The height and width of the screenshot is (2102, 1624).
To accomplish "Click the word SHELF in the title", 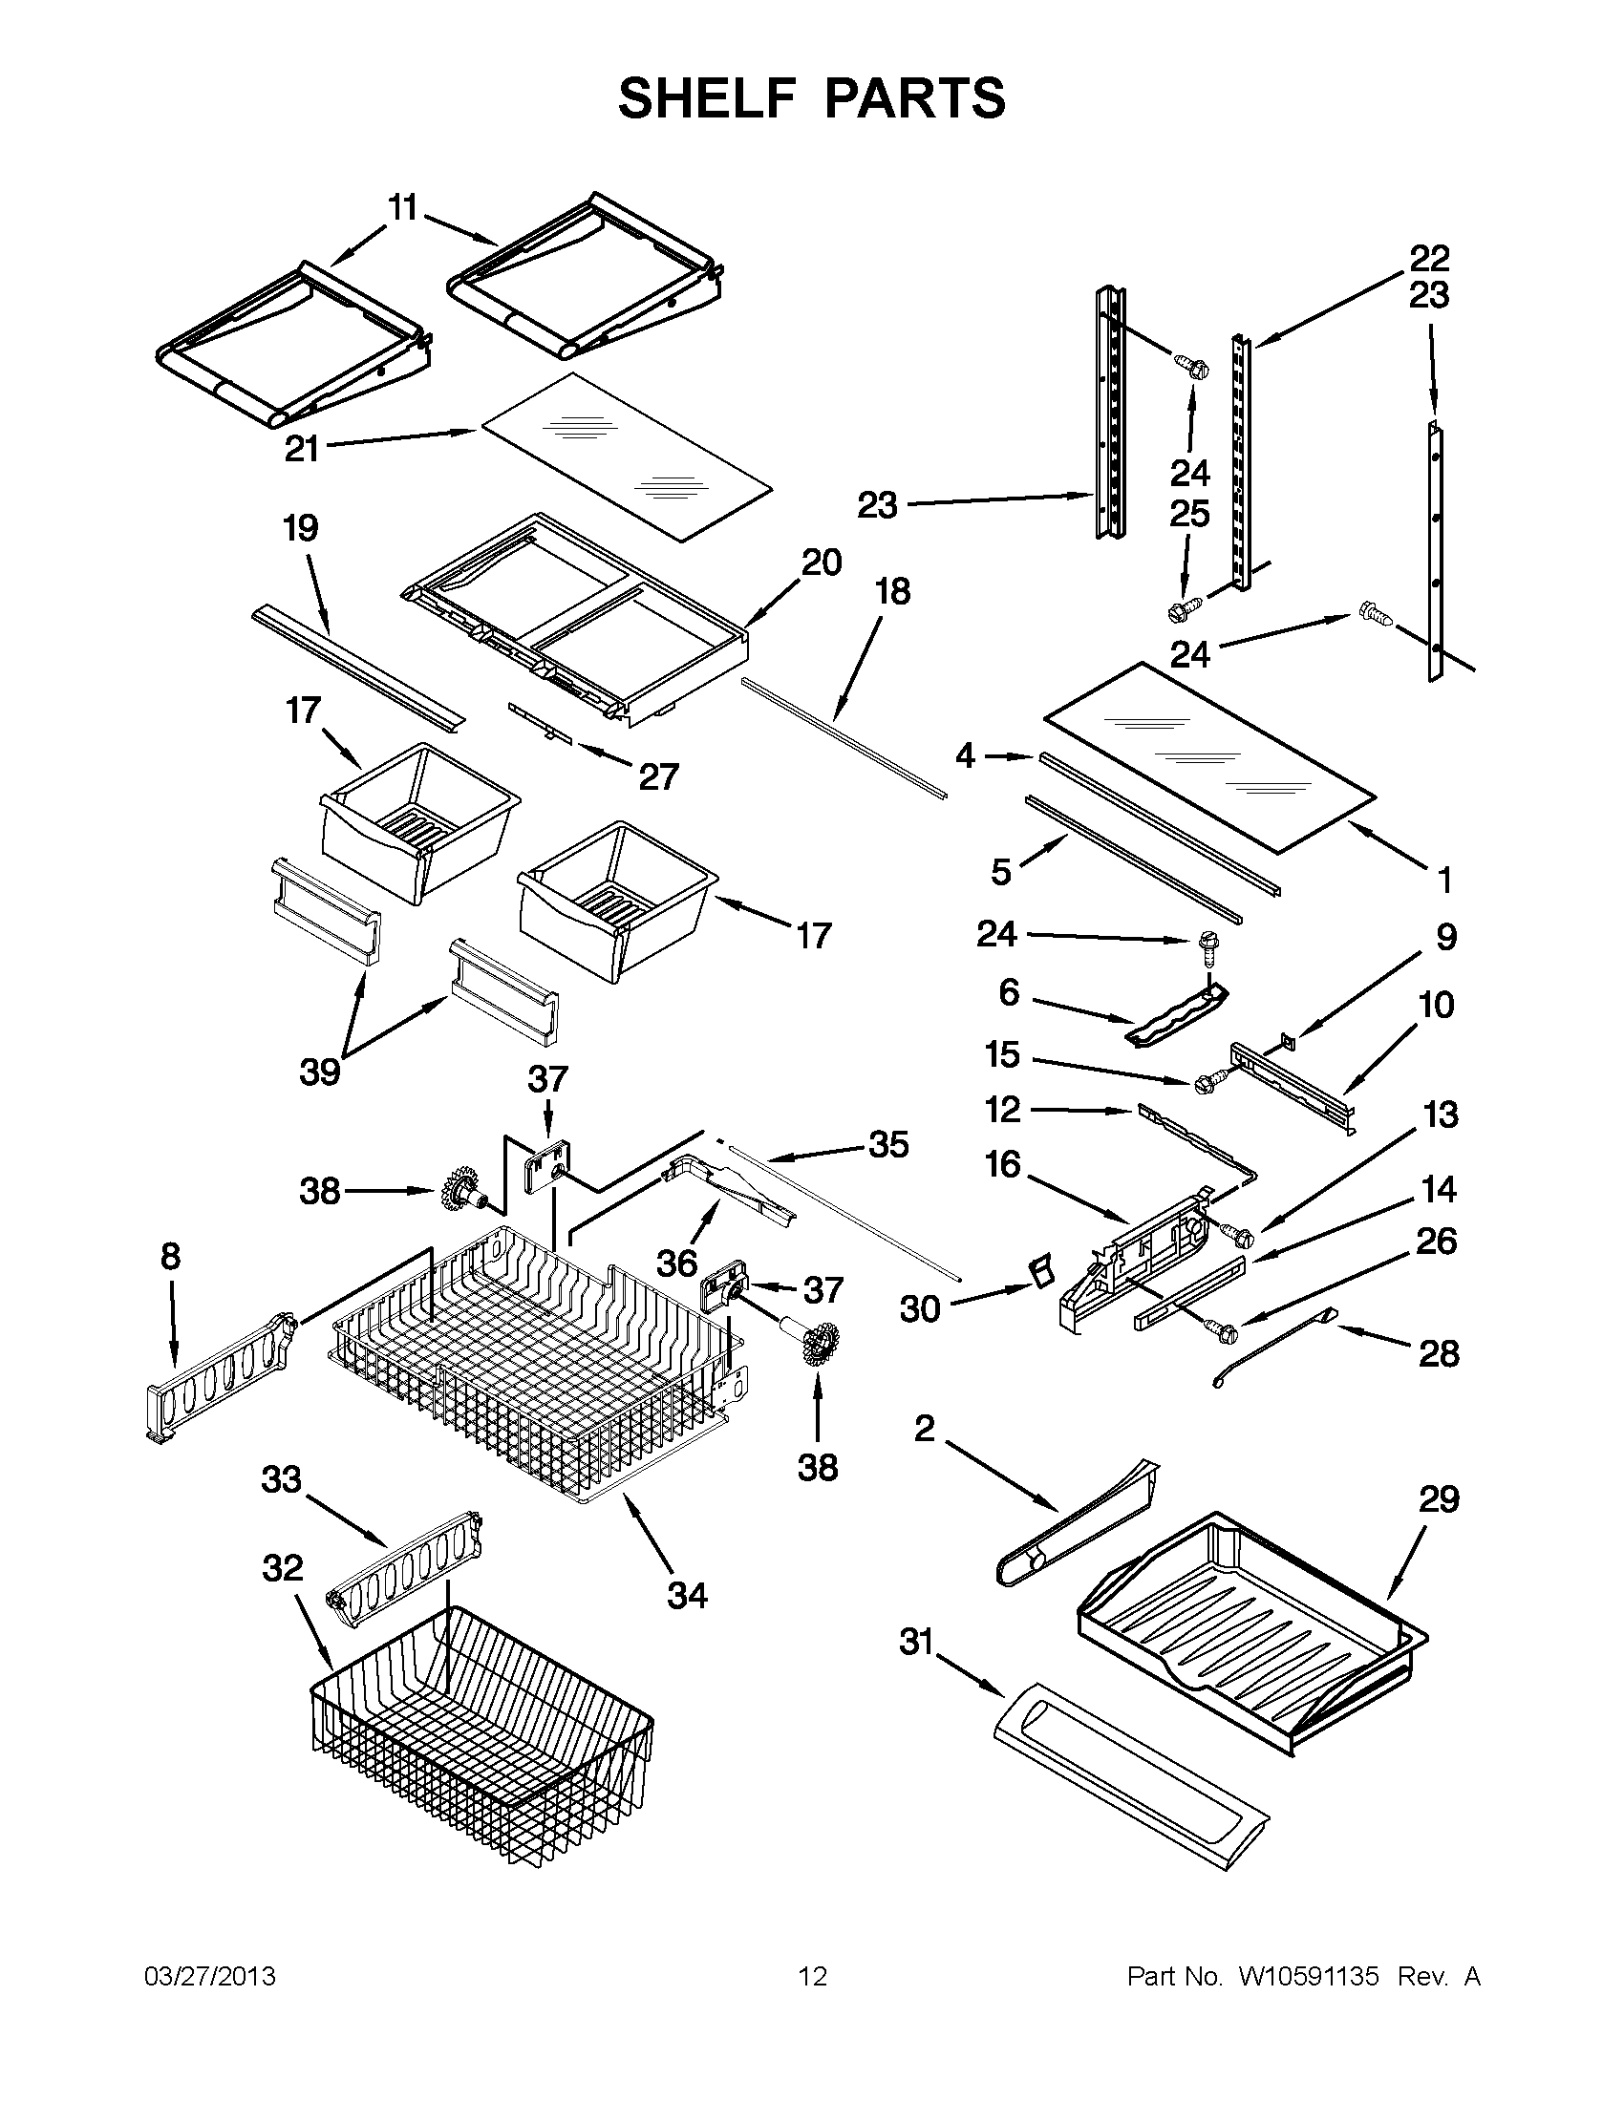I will (x=707, y=98).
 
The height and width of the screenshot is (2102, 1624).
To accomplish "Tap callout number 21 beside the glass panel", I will (x=301, y=450).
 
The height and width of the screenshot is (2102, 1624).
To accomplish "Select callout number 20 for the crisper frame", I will (x=822, y=563).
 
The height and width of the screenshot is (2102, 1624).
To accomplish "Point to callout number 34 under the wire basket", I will (x=688, y=1596).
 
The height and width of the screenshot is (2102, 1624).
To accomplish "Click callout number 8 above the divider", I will (x=170, y=1257).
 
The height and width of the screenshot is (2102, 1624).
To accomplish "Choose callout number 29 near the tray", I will (x=1440, y=1498).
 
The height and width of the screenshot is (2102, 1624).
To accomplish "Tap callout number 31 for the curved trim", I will (x=916, y=1641).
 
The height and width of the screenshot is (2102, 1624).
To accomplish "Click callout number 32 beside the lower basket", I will (x=282, y=1569).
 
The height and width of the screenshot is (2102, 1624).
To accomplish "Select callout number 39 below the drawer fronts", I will (x=321, y=1072).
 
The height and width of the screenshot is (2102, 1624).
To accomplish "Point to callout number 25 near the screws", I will (x=1189, y=514).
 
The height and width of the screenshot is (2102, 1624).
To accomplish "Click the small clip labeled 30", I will (x=1038, y=1270).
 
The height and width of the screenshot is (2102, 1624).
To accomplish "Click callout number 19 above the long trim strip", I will (x=300, y=528).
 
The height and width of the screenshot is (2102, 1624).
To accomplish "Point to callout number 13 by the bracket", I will (x=1441, y=1115).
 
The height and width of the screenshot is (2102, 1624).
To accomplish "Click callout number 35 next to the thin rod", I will (x=887, y=1144).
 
